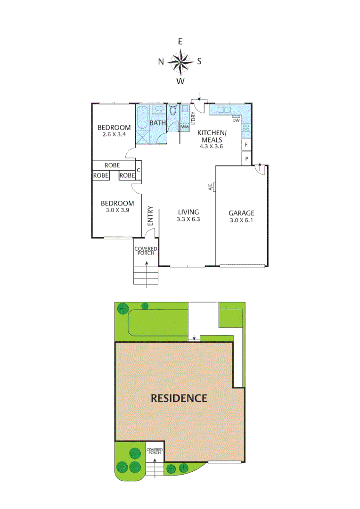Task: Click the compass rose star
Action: pyautogui.click(x=180, y=61)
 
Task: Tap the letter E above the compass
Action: pyautogui.click(x=180, y=41)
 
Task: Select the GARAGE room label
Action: pyautogui.click(x=242, y=213)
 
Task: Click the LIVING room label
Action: pyautogui.click(x=188, y=212)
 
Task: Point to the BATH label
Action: pyautogui.click(x=157, y=123)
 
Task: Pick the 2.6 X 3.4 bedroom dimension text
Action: pyautogui.click(x=114, y=134)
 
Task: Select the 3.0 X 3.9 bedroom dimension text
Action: pyautogui.click(x=117, y=210)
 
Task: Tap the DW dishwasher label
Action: pyautogui.click(x=237, y=120)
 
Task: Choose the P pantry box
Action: pyautogui.click(x=246, y=159)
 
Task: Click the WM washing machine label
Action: pyautogui.click(x=185, y=127)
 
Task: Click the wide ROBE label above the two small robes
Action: pyautogui.click(x=112, y=165)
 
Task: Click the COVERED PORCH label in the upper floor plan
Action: pyautogui.click(x=146, y=251)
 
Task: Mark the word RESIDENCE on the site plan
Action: pyautogui.click(x=179, y=398)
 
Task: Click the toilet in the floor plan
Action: pyautogui.click(x=172, y=111)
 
